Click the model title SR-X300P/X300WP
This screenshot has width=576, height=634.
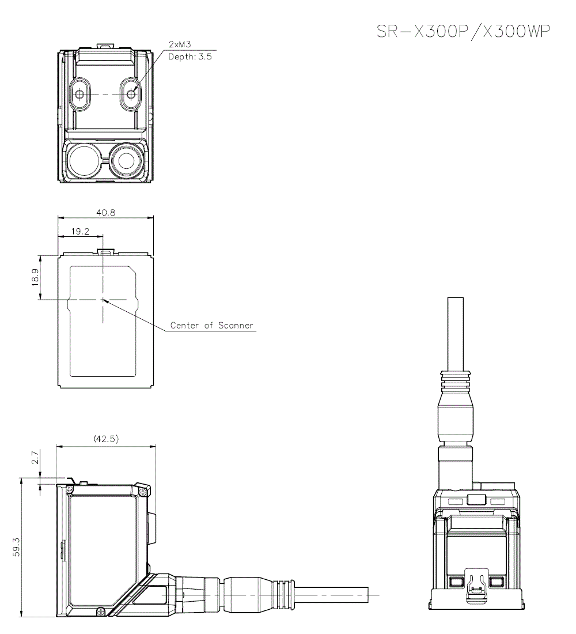click(463, 32)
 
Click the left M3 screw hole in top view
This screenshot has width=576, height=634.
click(79, 94)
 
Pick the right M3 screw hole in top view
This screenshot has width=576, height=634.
click(131, 94)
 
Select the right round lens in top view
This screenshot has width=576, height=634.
click(128, 160)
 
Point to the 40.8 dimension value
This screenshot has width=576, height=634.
click(105, 212)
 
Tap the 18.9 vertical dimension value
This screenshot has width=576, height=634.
click(35, 277)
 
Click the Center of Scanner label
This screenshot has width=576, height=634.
click(211, 326)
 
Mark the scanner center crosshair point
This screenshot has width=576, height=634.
click(103, 299)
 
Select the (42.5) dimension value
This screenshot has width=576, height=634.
click(106, 439)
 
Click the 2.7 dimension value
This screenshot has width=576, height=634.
click(35, 459)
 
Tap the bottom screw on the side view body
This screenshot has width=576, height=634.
click(101, 610)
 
